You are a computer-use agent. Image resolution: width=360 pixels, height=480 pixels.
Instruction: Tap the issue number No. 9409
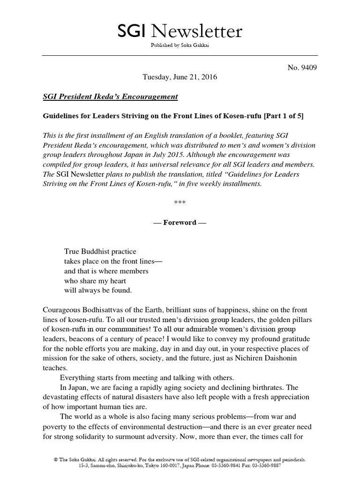pyautogui.click(x=302, y=67)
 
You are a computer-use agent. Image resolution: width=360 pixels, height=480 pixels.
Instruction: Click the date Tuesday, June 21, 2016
pyautogui.click(x=180, y=77)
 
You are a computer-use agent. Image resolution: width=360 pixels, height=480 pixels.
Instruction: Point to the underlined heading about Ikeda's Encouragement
pyautogui.click(x=110, y=97)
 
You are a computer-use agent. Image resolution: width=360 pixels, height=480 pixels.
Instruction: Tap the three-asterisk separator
pyautogui.click(x=180, y=203)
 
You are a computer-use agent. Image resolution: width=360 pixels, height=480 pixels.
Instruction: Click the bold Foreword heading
pyautogui.click(x=180, y=222)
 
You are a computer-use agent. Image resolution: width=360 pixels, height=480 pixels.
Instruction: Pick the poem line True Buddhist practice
pyautogui.click(x=100, y=252)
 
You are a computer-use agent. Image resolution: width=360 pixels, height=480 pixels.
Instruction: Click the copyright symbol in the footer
pyautogui.click(x=56, y=460)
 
